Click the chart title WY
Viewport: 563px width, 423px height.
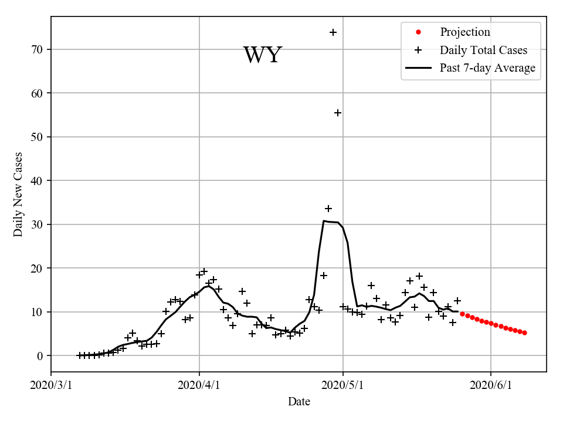tap(263, 55)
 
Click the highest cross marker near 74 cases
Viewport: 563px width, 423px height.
tap(333, 32)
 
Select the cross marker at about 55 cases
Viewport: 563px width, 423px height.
tap(338, 113)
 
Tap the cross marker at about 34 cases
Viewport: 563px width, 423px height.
tap(328, 209)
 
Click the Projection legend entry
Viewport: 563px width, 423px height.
tap(464, 32)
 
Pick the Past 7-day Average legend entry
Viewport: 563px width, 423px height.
tap(487, 68)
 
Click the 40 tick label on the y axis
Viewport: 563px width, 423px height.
tap(38, 181)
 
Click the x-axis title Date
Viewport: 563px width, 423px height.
tap(299, 402)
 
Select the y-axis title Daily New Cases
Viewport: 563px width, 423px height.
tap(18, 194)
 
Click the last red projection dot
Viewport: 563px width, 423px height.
tap(524, 333)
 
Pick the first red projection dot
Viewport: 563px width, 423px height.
tap(462, 314)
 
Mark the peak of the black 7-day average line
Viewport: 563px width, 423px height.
tap(324, 221)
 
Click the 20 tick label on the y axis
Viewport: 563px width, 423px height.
tap(38, 268)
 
